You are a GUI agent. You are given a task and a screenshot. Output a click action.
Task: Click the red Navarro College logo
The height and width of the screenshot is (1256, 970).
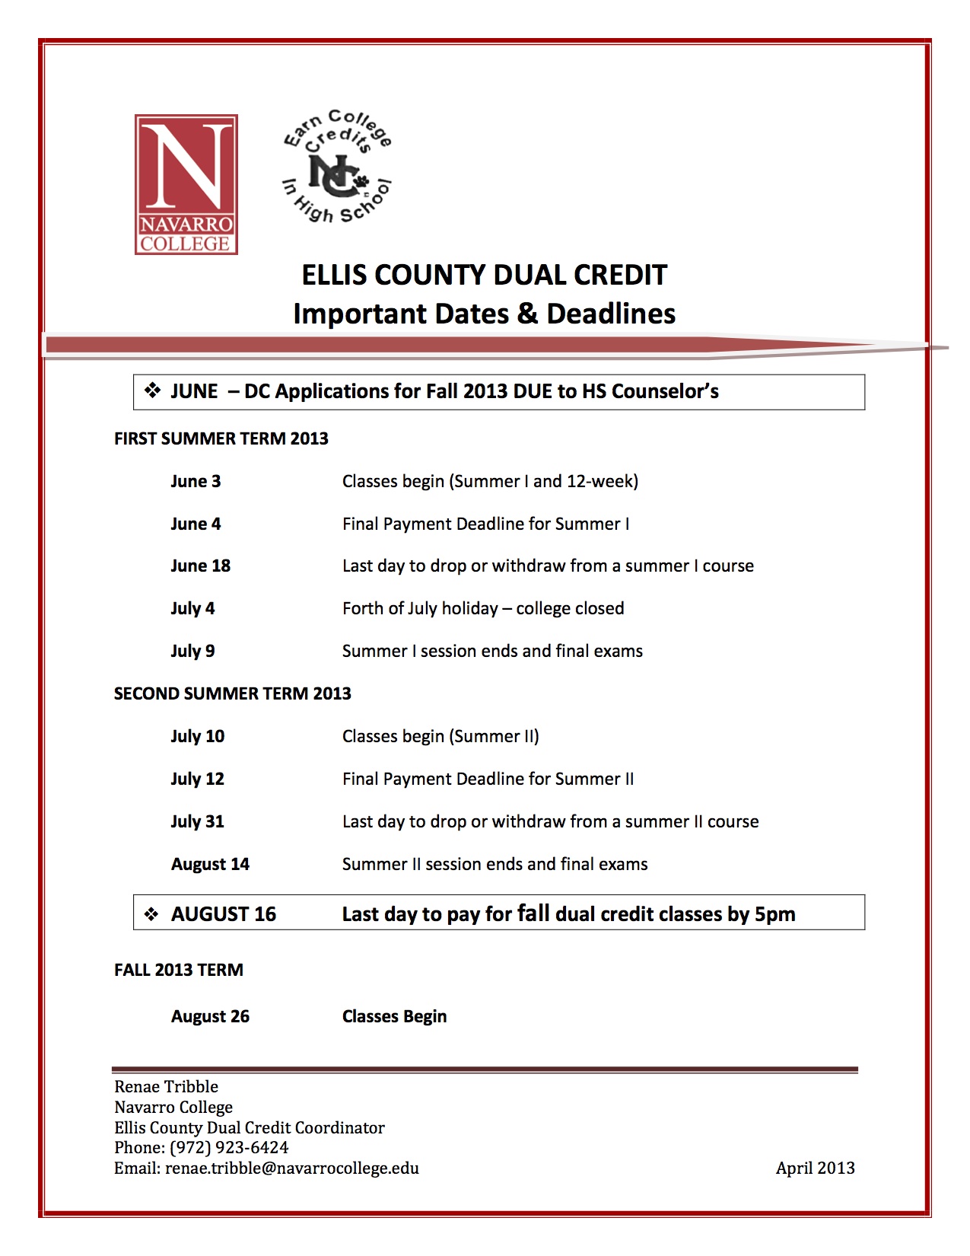(186, 184)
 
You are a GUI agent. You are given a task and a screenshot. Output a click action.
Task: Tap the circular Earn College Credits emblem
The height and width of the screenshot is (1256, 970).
(337, 167)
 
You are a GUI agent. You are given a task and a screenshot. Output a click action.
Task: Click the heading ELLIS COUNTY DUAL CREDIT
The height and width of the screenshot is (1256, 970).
(484, 275)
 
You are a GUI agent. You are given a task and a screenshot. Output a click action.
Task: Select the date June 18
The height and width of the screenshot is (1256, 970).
(200, 566)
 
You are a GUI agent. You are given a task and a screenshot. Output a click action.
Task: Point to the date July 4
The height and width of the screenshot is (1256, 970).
(192, 608)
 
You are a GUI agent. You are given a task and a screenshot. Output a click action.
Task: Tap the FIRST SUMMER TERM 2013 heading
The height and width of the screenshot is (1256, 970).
(221, 438)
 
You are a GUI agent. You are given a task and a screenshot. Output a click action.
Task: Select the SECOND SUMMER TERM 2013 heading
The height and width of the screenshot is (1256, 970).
(232, 693)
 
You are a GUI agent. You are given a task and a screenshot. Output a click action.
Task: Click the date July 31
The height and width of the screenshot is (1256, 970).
(197, 821)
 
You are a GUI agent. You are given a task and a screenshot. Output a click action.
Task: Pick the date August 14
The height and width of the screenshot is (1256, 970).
(210, 864)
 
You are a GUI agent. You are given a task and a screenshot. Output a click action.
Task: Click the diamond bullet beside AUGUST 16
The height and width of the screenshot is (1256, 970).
(152, 913)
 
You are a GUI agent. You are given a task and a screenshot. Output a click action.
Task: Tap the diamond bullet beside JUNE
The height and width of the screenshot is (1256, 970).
(153, 391)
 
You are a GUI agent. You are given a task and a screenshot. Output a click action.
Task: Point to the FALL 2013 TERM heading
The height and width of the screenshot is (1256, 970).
(179, 970)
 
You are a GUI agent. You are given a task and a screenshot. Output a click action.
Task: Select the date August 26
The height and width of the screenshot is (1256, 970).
(210, 1016)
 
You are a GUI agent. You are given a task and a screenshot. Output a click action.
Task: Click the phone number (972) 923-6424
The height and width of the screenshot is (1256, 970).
(229, 1147)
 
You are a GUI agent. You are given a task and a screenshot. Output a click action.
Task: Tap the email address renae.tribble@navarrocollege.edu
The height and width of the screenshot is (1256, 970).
(292, 1168)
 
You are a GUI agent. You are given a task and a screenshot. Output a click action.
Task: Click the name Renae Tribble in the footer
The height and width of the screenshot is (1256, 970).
(166, 1086)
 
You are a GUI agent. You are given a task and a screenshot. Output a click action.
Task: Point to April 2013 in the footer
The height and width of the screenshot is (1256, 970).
(815, 1168)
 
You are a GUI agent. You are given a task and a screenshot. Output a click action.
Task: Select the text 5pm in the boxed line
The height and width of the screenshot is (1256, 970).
(774, 913)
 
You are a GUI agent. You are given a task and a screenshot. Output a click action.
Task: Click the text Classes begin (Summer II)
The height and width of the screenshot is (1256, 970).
(440, 736)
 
